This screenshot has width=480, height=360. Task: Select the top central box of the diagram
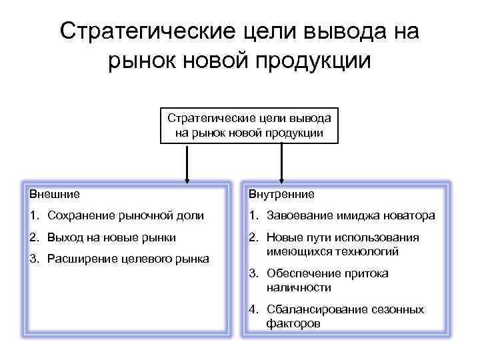tap(249, 125)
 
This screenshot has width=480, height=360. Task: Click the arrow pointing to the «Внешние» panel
tap(187, 163)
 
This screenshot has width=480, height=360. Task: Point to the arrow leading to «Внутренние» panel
tap(281, 163)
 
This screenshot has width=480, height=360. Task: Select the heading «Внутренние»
tap(281, 194)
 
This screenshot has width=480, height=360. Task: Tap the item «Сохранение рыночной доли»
tap(123, 215)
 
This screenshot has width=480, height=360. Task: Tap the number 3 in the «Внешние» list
tap(33, 258)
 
